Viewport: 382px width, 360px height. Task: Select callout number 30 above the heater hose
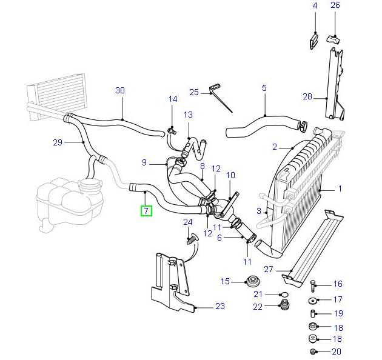(120, 91)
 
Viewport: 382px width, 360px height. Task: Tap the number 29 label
(58, 143)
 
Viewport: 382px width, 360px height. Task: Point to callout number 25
(194, 92)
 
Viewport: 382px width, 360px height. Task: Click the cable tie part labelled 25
(221, 99)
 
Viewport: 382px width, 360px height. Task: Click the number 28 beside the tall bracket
(307, 96)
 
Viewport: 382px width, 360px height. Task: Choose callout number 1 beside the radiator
(340, 189)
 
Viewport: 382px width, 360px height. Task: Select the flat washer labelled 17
(313, 300)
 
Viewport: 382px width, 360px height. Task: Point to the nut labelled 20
(313, 353)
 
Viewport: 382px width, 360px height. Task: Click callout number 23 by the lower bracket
(220, 307)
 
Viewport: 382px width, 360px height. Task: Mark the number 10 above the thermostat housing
(230, 176)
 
